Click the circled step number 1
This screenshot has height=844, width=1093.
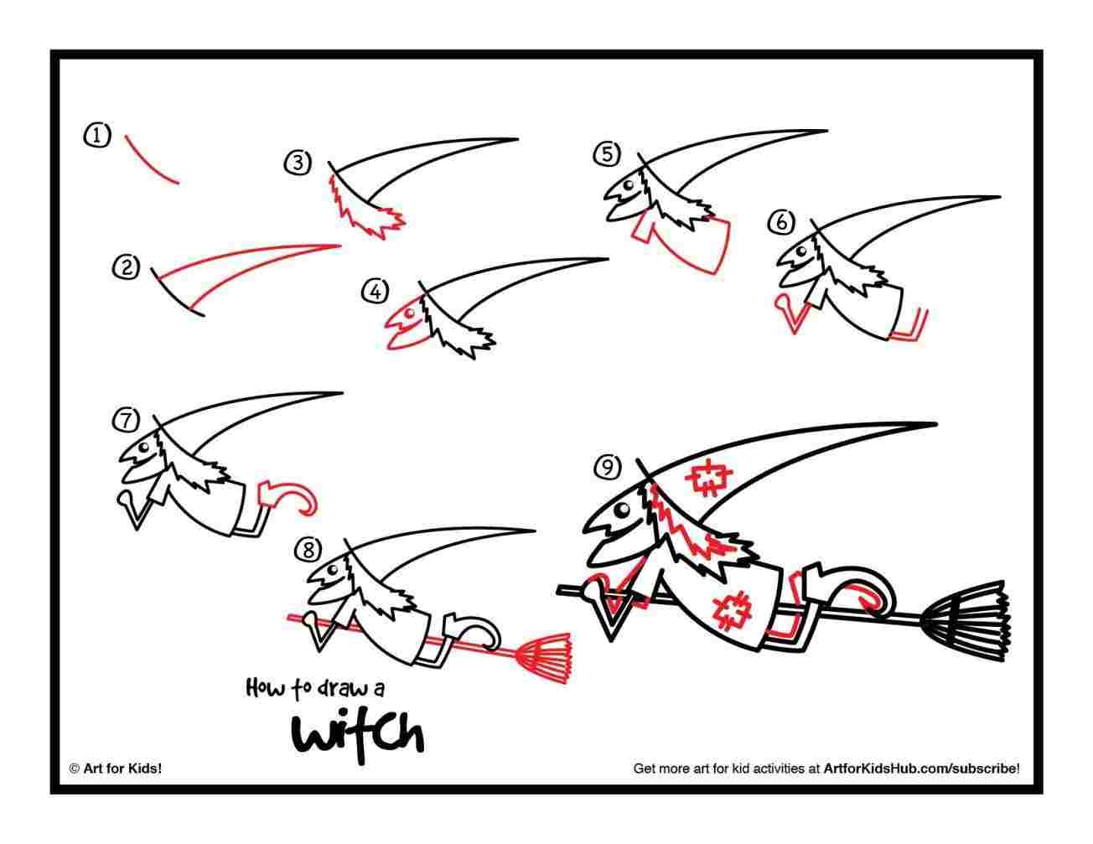point(97,135)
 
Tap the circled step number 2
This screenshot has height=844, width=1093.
point(125,267)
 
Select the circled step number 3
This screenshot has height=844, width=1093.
point(298,163)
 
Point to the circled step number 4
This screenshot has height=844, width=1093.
point(375,291)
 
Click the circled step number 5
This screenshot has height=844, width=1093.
point(607,154)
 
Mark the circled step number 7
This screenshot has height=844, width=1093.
point(127,420)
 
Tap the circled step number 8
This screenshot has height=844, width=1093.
point(308,550)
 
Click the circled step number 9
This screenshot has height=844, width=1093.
point(607,467)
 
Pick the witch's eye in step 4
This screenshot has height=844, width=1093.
point(410,314)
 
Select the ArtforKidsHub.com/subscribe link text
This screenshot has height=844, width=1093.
point(921,767)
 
